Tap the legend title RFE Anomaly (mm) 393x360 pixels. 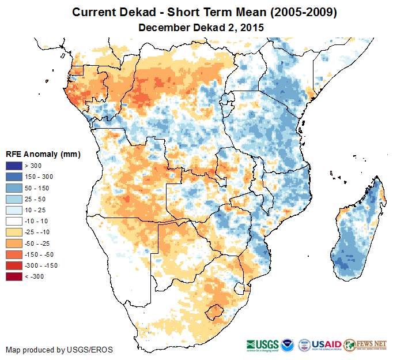tap(43, 155)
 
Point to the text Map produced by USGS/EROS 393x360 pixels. tap(59, 350)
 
